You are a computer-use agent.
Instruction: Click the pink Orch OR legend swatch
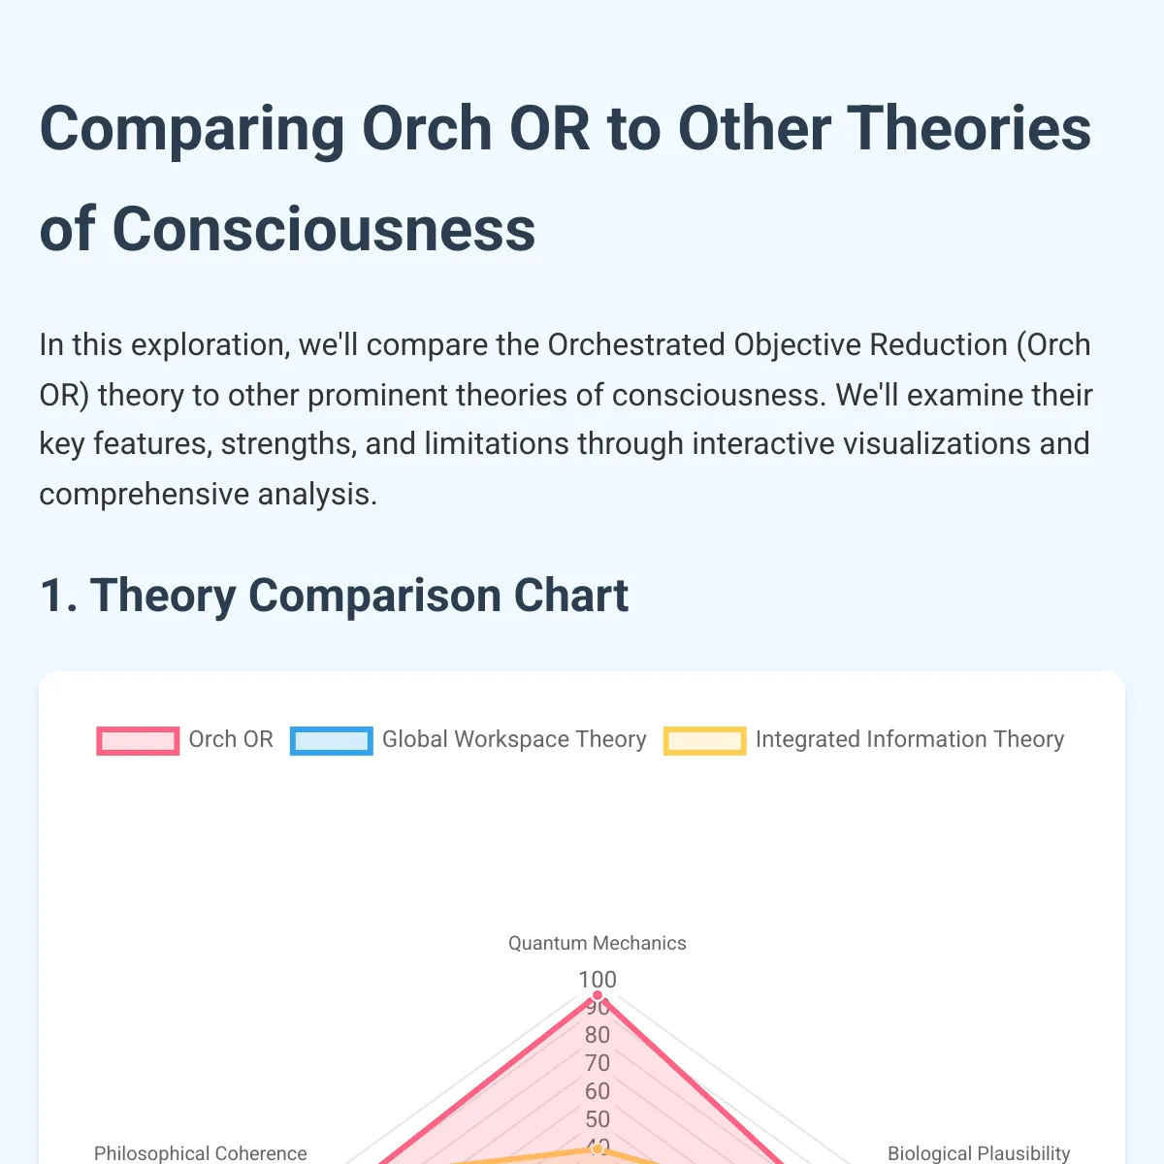pyautogui.click(x=138, y=740)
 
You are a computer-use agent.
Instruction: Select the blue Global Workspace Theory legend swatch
pyautogui.click(x=331, y=740)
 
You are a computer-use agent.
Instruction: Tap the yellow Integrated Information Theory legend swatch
pyautogui.click(x=704, y=740)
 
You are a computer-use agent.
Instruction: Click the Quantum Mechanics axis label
pyautogui.click(x=597, y=943)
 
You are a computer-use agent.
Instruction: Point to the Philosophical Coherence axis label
pyautogui.click(x=200, y=1152)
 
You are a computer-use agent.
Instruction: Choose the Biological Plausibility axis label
pyautogui.click(x=979, y=1152)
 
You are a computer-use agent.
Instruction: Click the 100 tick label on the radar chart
pyautogui.click(x=597, y=979)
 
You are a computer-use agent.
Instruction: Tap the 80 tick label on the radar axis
pyautogui.click(x=597, y=1035)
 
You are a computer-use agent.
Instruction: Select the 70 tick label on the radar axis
pyautogui.click(x=597, y=1062)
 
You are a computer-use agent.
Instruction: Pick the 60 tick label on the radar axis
pyautogui.click(x=597, y=1091)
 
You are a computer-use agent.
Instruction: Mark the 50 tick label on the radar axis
pyautogui.click(x=597, y=1118)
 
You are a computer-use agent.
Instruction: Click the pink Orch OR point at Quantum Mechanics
pyautogui.click(x=597, y=995)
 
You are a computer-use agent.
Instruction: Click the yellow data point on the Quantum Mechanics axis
pyautogui.click(x=597, y=1148)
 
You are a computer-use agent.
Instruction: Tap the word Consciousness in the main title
pyautogui.click(x=324, y=230)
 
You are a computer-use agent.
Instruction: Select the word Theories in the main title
pyautogui.click(x=885, y=128)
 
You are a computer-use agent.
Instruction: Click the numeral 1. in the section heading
pyautogui.click(x=58, y=596)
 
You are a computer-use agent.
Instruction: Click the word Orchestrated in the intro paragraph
pyautogui.click(x=636, y=345)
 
